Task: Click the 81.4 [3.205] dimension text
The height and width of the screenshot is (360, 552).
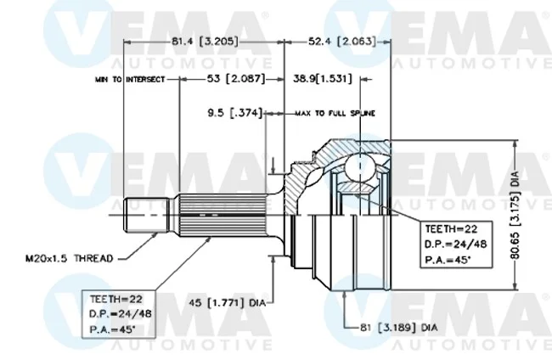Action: [x=205, y=42]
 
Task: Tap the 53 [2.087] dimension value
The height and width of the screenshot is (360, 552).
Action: [x=236, y=78]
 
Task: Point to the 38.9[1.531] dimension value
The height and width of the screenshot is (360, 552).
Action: [x=323, y=78]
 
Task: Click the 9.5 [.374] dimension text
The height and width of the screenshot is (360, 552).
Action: [x=235, y=113]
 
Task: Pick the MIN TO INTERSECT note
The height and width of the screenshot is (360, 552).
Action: [x=130, y=80]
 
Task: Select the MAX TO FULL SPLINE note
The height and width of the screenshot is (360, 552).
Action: [x=335, y=113]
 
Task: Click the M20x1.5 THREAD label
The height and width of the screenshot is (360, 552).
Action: [x=70, y=259]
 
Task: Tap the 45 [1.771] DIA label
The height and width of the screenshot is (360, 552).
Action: [x=227, y=302]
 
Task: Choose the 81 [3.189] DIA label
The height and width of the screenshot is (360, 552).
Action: [x=398, y=328]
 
